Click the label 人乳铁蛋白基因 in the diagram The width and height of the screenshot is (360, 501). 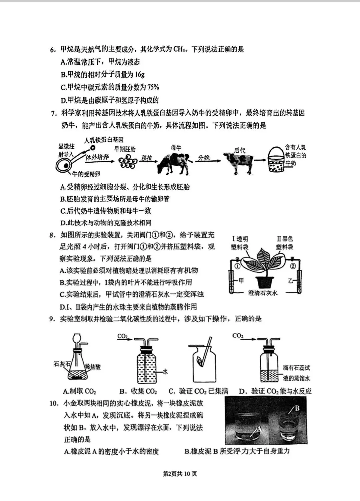coord(104,140)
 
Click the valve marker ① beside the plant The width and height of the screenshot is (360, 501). coord(237,266)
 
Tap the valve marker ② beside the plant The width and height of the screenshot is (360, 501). coord(293,266)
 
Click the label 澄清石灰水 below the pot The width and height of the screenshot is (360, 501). coord(263,293)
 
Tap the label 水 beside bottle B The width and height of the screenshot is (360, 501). coord(165,371)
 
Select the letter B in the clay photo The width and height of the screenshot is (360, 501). coord(297,408)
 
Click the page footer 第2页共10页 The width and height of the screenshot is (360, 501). coord(180,474)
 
